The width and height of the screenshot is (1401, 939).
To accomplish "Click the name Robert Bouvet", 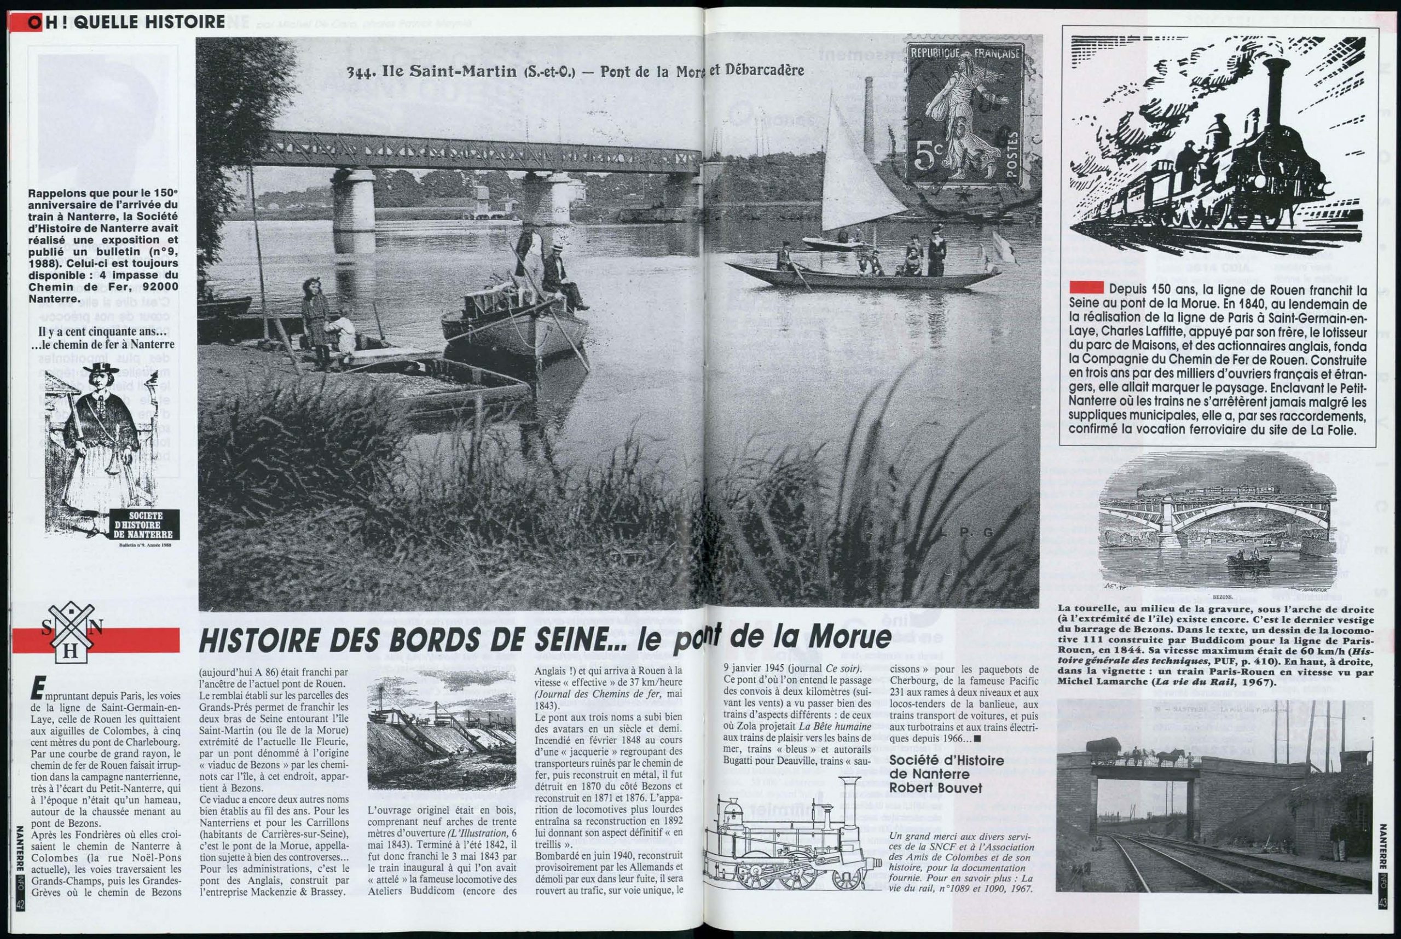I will [x=936, y=788].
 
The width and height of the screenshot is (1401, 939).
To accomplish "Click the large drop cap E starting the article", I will [x=38, y=692].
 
